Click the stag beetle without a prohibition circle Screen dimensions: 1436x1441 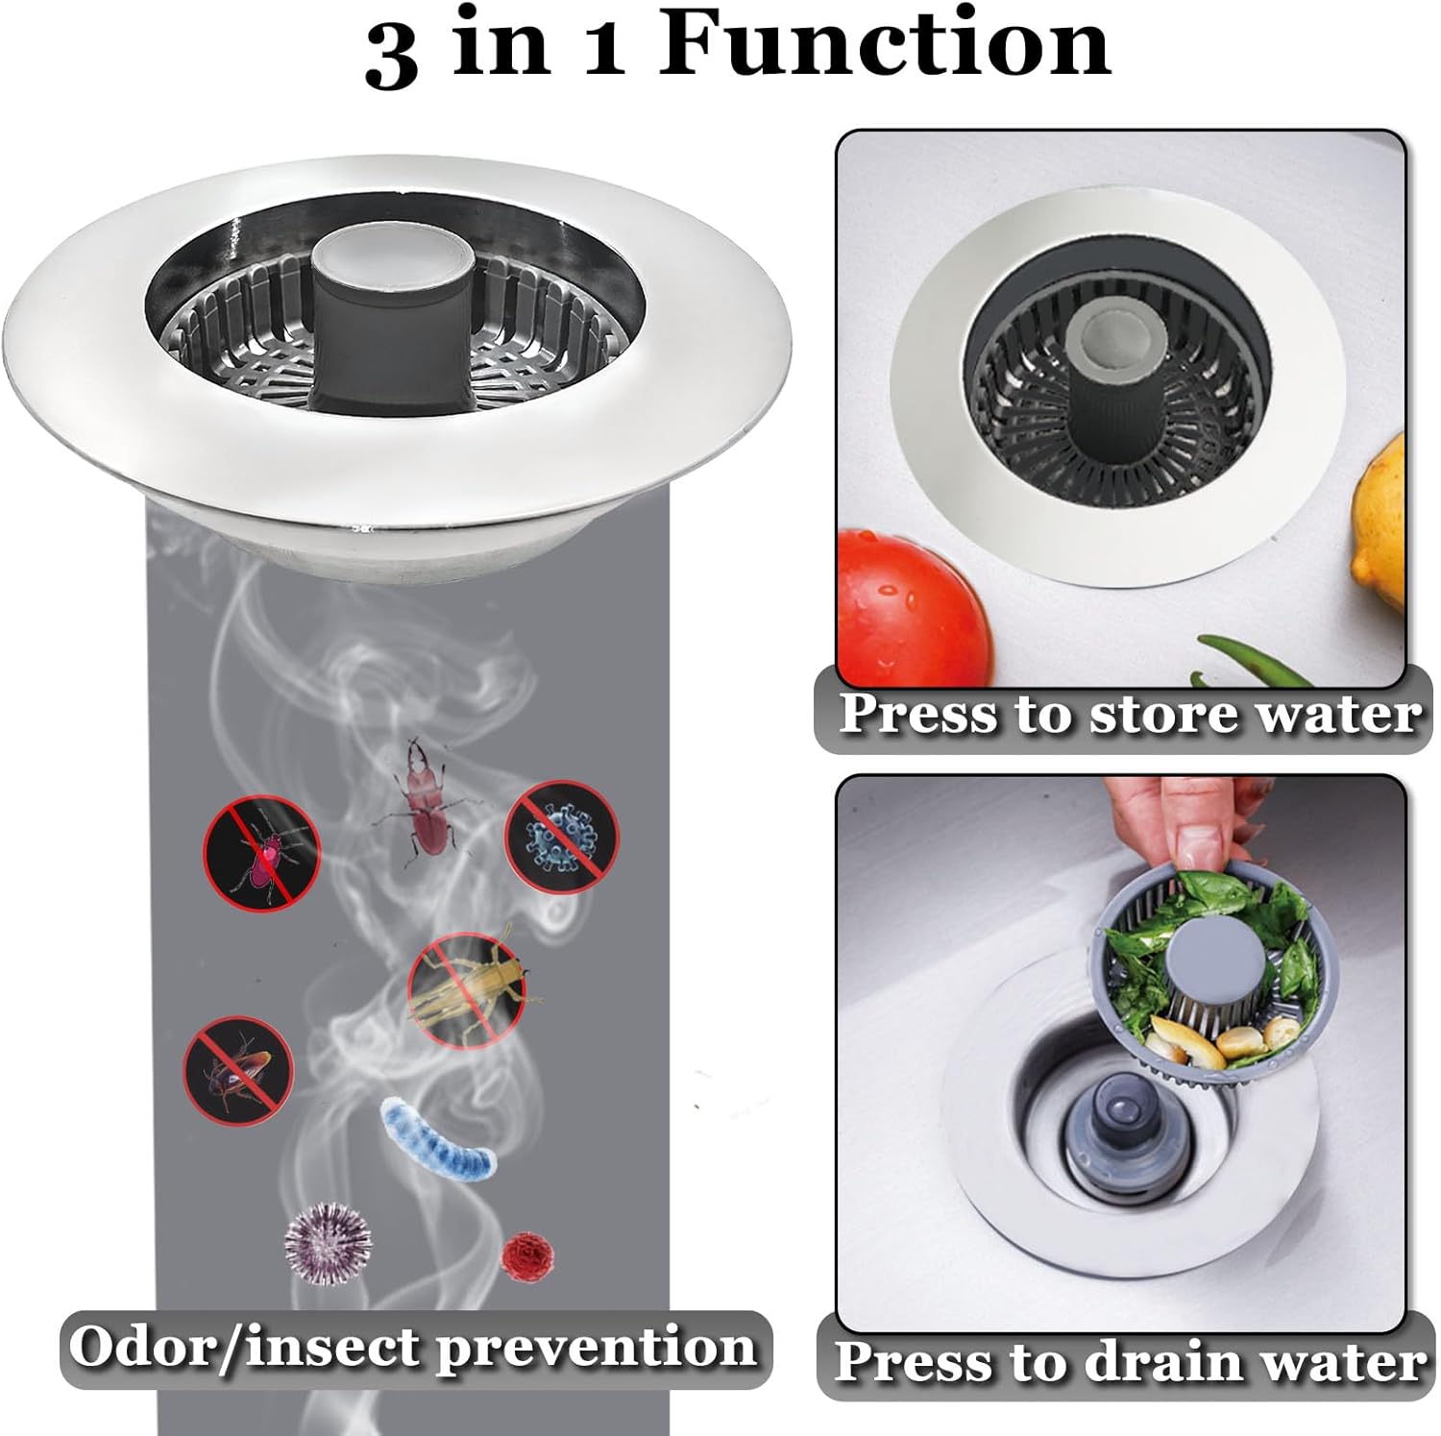pos(424,792)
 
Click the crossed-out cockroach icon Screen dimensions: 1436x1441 pos(238,1066)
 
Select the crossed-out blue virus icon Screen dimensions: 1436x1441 pos(562,836)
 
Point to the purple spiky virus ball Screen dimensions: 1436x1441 pos(328,1239)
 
